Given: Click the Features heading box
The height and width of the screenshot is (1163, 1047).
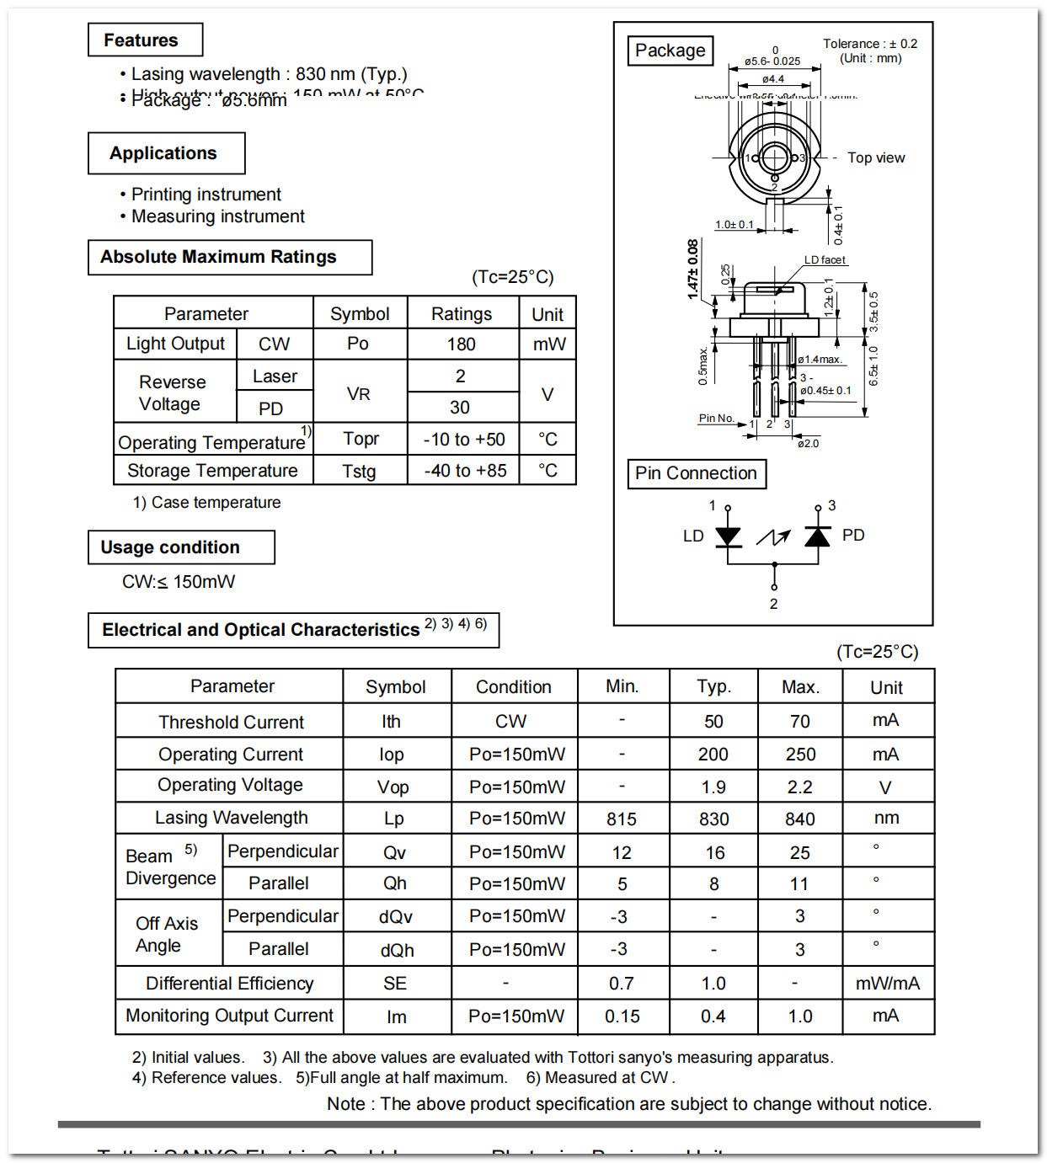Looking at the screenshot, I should click(145, 40).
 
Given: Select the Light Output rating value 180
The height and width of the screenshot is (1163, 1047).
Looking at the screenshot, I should click(461, 344).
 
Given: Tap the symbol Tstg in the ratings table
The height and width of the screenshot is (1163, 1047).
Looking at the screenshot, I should click(359, 471).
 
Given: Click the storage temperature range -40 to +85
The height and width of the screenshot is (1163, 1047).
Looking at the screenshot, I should click(465, 471).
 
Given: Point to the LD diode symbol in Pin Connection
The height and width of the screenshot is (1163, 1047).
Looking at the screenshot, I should click(728, 536).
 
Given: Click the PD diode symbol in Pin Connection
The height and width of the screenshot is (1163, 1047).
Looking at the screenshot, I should click(817, 536).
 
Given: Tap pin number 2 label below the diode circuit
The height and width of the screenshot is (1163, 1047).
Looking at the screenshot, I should click(773, 604).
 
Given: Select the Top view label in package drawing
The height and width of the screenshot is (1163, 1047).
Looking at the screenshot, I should click(875, 157).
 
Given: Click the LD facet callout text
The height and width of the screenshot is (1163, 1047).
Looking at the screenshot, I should click(824, 260).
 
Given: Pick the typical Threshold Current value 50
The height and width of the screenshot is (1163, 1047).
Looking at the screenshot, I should click(713, 722).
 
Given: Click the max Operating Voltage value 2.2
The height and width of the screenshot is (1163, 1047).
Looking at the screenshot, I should click(799, 787).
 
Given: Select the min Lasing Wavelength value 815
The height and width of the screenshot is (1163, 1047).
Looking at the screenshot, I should click(622, 819).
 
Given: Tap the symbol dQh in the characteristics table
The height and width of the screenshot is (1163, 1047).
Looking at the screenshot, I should click(396, 950).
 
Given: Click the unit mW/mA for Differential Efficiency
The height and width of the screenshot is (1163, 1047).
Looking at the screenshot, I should click(887, 983).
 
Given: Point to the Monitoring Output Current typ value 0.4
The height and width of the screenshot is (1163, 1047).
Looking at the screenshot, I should click(713, 1016).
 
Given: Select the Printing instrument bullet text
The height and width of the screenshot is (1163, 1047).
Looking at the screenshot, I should click(206, 195).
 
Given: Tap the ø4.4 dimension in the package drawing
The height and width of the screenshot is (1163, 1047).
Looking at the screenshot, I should click(772, 79).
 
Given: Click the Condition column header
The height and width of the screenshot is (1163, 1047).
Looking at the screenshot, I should click(513, 687).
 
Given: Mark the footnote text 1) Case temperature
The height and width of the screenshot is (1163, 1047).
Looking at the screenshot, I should click(206, 503).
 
